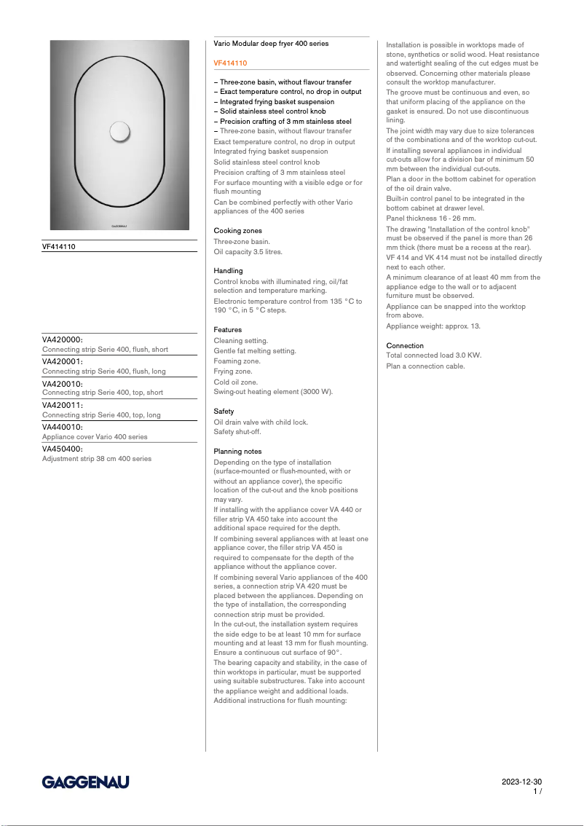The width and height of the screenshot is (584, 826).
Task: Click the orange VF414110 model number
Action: (230, 63)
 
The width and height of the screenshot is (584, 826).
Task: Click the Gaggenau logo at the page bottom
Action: (85, 782)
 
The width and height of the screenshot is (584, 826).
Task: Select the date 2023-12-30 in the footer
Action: (521, 782)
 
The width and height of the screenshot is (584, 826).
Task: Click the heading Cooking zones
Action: (237, 230)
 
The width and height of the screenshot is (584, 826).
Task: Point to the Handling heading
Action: (228, 270)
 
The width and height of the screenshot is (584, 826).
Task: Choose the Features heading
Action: (228, 330)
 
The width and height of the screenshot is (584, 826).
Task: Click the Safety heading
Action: (224, 412)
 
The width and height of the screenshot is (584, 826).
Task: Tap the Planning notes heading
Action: (237, 452)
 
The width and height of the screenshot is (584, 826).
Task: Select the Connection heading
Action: (405, 345)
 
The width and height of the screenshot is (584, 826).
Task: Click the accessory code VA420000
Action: (63, 339)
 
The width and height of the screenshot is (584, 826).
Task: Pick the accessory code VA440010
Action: (63, 427)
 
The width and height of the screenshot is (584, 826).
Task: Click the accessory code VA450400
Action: (63, 449)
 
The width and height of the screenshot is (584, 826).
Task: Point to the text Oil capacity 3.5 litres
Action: (248, 251)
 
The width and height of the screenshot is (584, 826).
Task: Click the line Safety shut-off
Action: (237, 432)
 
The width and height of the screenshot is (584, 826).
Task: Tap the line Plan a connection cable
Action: (425, 366)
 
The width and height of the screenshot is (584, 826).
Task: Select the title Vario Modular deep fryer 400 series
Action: (271, 44)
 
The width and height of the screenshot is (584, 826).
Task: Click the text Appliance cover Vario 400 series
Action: (95, 437)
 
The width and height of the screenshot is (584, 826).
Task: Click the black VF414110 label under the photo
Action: (59, 246)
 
